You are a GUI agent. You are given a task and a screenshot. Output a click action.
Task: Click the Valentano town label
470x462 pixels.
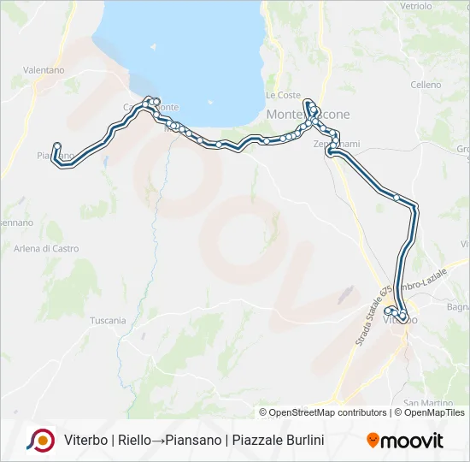(x=44, y=69)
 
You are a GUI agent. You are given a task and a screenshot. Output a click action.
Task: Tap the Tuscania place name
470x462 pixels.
(x=108, y=321)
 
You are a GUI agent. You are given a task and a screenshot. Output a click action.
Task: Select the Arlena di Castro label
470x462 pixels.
(x=46, y=249)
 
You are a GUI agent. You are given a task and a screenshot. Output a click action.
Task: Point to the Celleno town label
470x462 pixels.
(x=426, y=85)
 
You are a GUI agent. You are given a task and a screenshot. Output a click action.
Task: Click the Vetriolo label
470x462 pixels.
(x=416, y=6)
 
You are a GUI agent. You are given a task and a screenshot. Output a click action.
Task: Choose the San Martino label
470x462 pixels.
(x=422, y=402)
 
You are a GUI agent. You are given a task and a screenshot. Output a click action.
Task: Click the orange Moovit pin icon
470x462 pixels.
(x=373, y=441)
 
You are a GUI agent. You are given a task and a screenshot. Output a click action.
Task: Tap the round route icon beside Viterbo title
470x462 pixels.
(x=40, y=440)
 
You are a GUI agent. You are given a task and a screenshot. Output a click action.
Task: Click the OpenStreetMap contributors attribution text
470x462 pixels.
(x=327, y=412)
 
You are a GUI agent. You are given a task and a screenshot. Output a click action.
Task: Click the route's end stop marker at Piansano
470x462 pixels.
(x=56, y=145)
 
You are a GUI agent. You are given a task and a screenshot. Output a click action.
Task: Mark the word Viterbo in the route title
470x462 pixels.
(x=85, y=441)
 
